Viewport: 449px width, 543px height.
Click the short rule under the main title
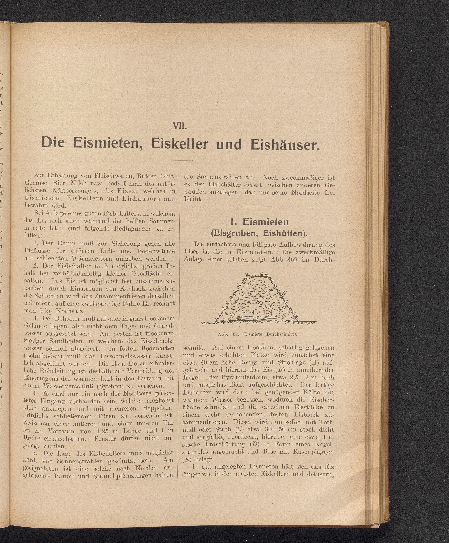tap(180, 161)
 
